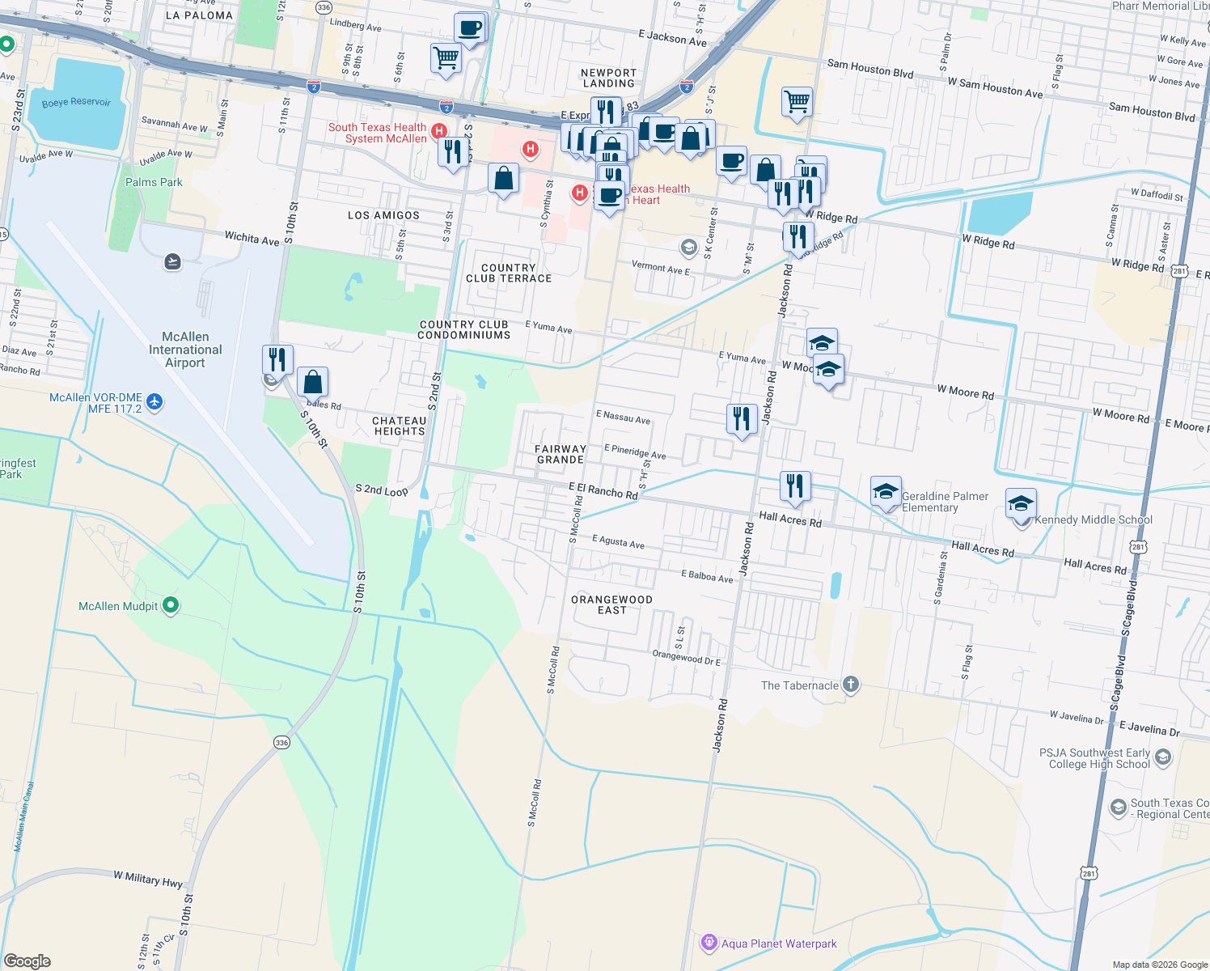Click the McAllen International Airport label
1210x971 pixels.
click(185, 350)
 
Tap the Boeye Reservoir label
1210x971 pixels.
click(76, 103)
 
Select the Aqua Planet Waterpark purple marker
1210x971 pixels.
click(709, 943)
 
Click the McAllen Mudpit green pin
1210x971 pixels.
click(171, 605)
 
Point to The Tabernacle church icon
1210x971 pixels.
click(850, 685)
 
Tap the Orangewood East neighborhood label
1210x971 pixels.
click(611, 604)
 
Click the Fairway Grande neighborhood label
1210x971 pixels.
click(561, 454)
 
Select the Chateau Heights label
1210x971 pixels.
click(400, 426)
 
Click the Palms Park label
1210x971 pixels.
click(154, 182)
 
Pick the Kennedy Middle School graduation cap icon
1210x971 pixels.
click(1021, 502)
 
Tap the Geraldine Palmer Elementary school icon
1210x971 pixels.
click(886, 491)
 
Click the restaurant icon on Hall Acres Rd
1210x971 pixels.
click(795, 485)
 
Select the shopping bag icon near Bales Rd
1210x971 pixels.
click(312, 381)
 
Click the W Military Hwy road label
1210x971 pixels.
click(148, 879)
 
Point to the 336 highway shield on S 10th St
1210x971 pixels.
click(281, 742)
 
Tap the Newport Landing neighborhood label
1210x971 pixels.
click(608, 78)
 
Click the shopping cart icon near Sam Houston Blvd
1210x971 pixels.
click(797, 102)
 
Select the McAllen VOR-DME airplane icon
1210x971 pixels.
click(155, 401)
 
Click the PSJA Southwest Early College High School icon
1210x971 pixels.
click(1163, 757)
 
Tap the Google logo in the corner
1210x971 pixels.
click(27, 960)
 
